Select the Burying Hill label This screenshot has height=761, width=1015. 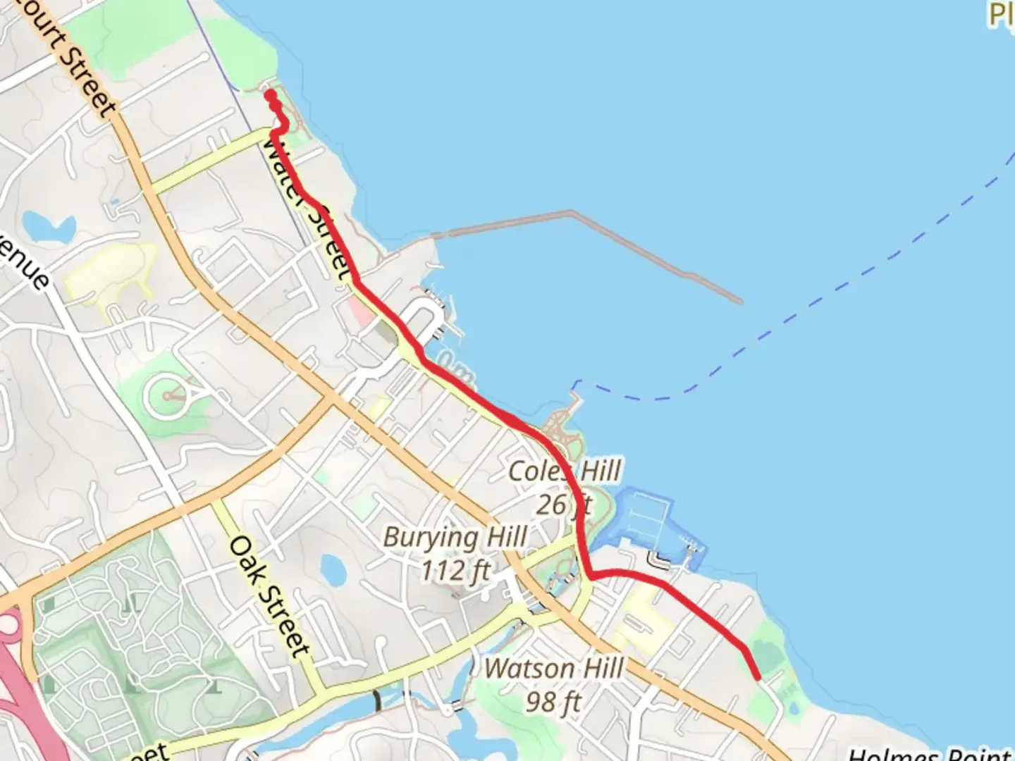pos(455,537)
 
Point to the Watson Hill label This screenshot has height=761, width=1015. pos(554,668)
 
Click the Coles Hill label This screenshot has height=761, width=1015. pos(565,471)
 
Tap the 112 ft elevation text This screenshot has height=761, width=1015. pos(455,570)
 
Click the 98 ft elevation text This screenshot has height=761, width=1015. pos(554,701)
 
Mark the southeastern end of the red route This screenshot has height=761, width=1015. pos(757,676)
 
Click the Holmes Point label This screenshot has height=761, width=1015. pos(930,754)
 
